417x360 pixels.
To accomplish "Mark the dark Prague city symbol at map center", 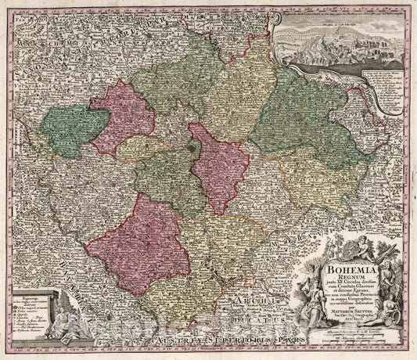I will click(x=193, y=145).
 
